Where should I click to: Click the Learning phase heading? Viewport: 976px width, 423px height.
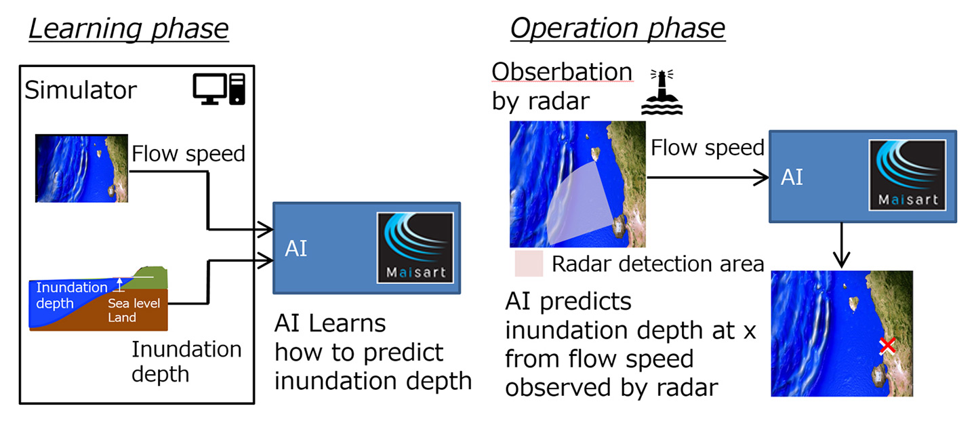pyautogui.click(x=129, y=29)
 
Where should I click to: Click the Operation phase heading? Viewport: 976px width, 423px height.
pyautogui.click(x=617, y=29)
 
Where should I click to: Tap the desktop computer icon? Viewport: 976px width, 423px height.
pyautogui.click(x=218, y=89)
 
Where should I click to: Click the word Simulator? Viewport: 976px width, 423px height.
pyautogui.click(x=81, y=90)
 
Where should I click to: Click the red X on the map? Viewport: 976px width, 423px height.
pyautogui.click(x=887, y=346)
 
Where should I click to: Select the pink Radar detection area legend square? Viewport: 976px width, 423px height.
pyautogui.click(x=529, y=264)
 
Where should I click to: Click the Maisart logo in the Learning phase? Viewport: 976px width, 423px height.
pyautogui.click(x=415, y=247)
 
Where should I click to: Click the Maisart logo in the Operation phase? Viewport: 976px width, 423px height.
pyautogui.click(x=908, y=175)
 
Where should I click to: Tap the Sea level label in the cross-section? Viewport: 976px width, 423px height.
pyautogui.click(x=134, y=303)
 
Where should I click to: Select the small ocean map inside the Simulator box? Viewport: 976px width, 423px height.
pyautogui.click(x=81, y=168)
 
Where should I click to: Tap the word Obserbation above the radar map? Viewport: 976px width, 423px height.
pyautogui.click(x=561, y=71)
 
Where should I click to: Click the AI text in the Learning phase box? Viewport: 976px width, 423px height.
pyautogui.click(x=296, y=248)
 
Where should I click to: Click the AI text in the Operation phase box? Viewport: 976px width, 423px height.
pyautogui.click(x=792, y=177)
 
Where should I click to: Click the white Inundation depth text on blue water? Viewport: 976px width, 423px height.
pyautogui.click(x=71, y=295)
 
